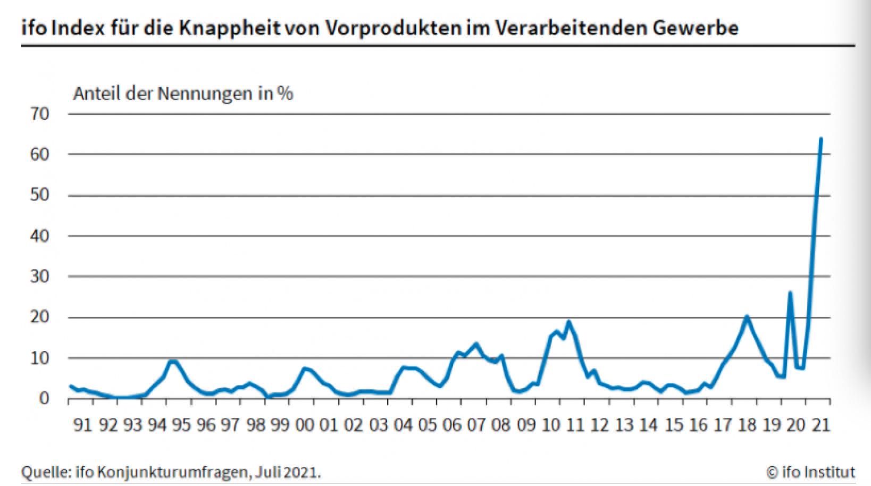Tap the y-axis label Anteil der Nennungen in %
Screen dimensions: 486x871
pyautogui.click(x=183, y=94)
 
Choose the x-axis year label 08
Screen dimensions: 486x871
pyautogui.click(x=501, y=425)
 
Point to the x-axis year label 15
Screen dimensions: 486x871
pyautogui.click(x=673, y=425)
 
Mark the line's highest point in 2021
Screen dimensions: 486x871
pyautogui.click(x=821, y=139)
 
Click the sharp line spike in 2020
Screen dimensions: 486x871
pyautogui.click(x=790, y=293)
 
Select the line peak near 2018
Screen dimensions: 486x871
pyautogui.click(x=747, y=317)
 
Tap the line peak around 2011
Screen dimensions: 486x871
pyautogui.click(x=568, y=322)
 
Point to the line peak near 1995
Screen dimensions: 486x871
pyautogui.click(x=173, y=362)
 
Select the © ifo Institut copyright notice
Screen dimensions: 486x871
pyautogui.click(x=810, y=472)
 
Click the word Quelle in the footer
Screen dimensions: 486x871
pyautogui.click(x=43, y=472)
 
